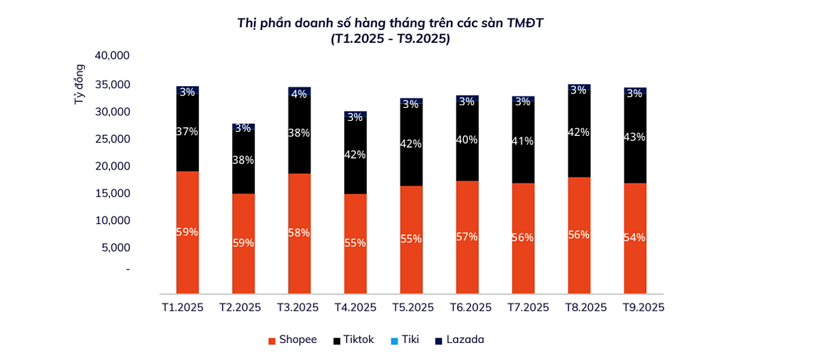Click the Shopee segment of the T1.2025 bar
click(187, 205)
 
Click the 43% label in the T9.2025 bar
click(635, 137)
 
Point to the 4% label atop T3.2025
click(299, 94)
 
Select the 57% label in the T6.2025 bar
click(467, 236)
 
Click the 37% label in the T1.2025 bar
click(187, 131)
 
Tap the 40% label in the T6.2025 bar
click(467, 139)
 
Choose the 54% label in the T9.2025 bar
click(635, 237)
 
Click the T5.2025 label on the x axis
click(413, 307)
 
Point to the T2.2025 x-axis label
click(240, 307)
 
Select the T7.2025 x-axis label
click(529, 307)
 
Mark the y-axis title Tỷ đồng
click(79, 84)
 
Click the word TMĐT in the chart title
click(525, 23)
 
